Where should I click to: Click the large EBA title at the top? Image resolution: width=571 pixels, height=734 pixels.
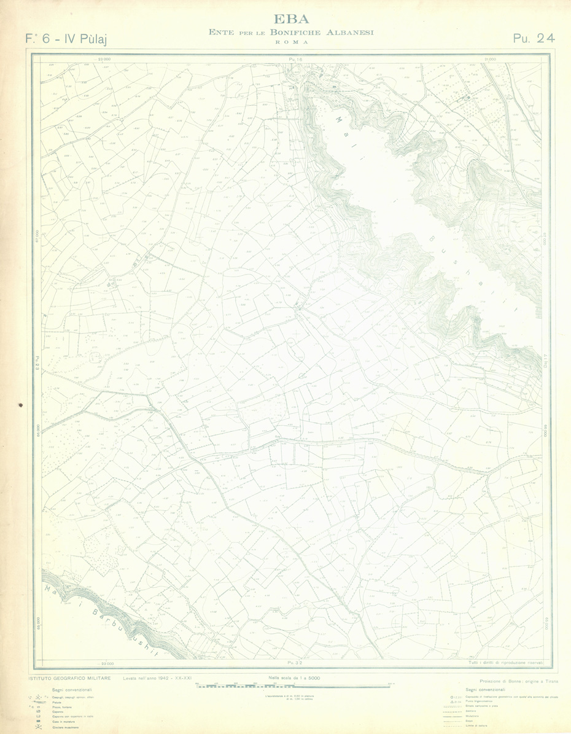click(292, 18)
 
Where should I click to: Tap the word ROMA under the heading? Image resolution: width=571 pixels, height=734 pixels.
click(292, 42)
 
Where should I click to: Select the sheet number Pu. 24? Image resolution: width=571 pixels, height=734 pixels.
click(534, 38)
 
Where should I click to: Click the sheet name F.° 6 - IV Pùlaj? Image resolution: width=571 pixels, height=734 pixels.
click(67, 39)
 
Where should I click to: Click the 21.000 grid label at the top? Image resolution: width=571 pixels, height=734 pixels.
click(489, 59)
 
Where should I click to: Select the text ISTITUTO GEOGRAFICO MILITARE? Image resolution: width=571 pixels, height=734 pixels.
click(69, 678)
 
